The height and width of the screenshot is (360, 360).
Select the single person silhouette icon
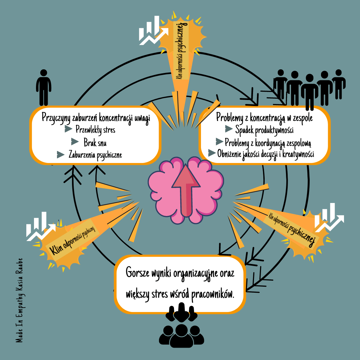[43, 87]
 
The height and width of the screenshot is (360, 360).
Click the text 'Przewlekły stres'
[95, 130]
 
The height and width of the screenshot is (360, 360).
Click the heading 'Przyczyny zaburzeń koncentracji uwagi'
[96, 117]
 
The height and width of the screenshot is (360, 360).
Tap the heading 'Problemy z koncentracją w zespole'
[264, 117]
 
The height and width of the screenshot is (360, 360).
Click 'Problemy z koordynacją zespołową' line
[268, 143]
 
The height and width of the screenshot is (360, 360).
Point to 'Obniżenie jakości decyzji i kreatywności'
[266, 154]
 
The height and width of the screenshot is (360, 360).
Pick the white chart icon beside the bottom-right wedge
[329, 218]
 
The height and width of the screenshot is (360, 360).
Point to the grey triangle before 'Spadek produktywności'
[229, 129]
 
